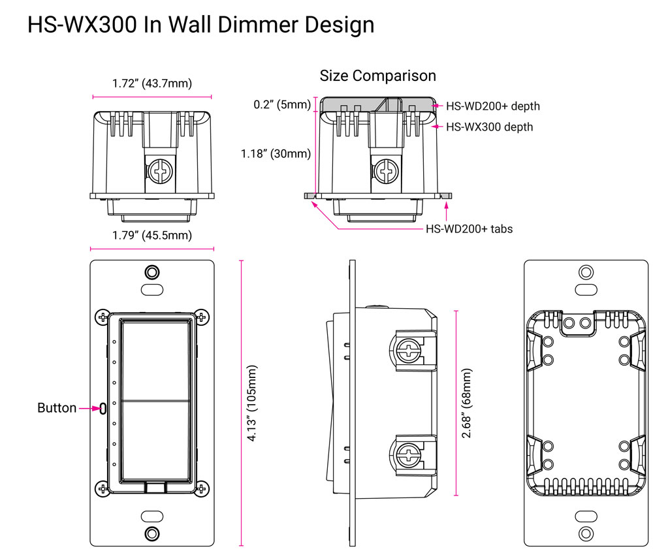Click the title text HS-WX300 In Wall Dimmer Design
[x=201, y=25]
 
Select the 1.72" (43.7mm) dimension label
[x=151, y=83]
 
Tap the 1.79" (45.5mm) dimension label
[x=151, y=235]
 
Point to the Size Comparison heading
[x=377, y=76]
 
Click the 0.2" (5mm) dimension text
[x=282, y=104]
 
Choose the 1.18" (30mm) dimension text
[x=276, y=154]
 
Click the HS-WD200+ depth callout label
[x=492, y=106]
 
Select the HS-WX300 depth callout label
[x=489, y=127]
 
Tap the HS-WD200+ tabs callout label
[x=469, y=228]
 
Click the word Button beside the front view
[x=57, y=408]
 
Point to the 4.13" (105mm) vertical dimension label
[x=252, y=403]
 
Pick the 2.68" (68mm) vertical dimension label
[x=466, y=403]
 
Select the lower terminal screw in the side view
[x=408, y=452]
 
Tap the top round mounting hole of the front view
[x=151, y=272]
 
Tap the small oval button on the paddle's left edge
[x=103, y=409]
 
